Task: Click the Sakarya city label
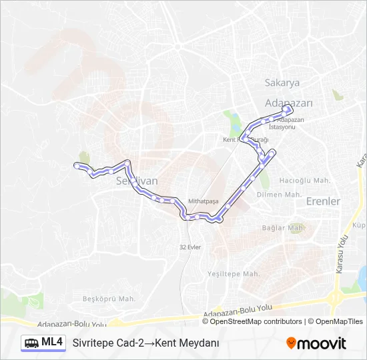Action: point(282,83)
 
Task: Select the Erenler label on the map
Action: point(322,201)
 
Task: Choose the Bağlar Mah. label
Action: point(283,227)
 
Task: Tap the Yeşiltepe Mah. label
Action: point(233,274)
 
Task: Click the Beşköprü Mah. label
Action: point(109,299)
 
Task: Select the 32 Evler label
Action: point(190,247)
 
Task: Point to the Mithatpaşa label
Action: point(204,200)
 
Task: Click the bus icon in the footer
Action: point(31,343)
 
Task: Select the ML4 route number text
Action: point(52,342)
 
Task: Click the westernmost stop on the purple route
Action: point(77,164)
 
